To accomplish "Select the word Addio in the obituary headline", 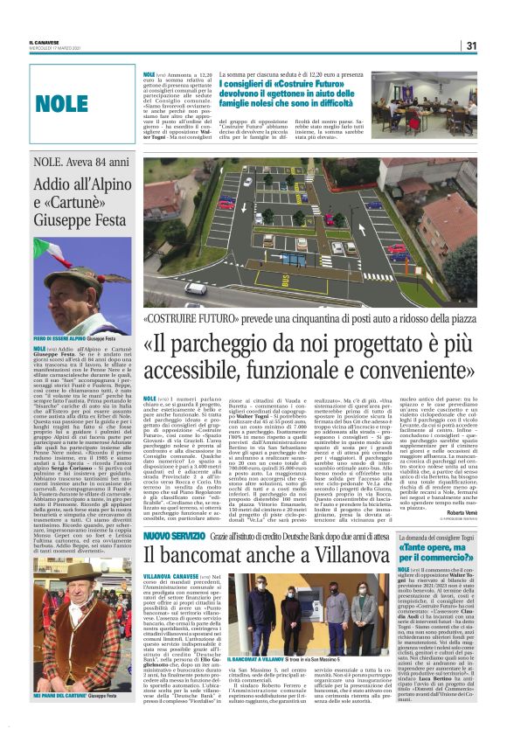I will point(53,184).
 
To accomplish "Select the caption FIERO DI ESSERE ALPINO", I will point(60,338).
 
